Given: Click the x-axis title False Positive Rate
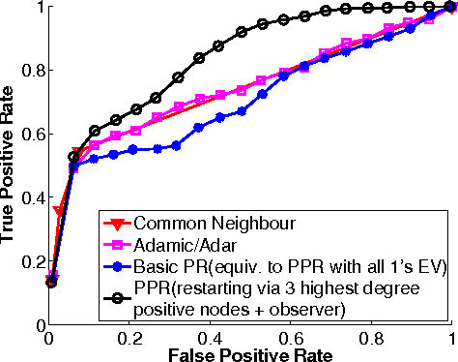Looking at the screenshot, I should coord(250,353).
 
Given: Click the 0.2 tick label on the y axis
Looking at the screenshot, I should coord(31,261).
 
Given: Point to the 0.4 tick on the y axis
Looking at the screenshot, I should coord(31,197).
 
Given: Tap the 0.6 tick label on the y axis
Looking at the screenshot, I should coord(31,134).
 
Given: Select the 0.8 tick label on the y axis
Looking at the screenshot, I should coord(31,70).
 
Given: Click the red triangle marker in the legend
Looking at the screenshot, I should coord(120,224).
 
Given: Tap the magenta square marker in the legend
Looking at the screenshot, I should coord(120,244).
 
